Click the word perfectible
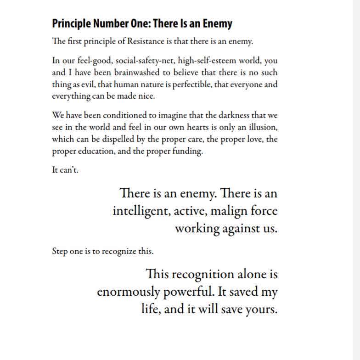click(x=193, y=84)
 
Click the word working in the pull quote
click(x=197, y=228)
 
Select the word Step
click(x=60, y=252)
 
